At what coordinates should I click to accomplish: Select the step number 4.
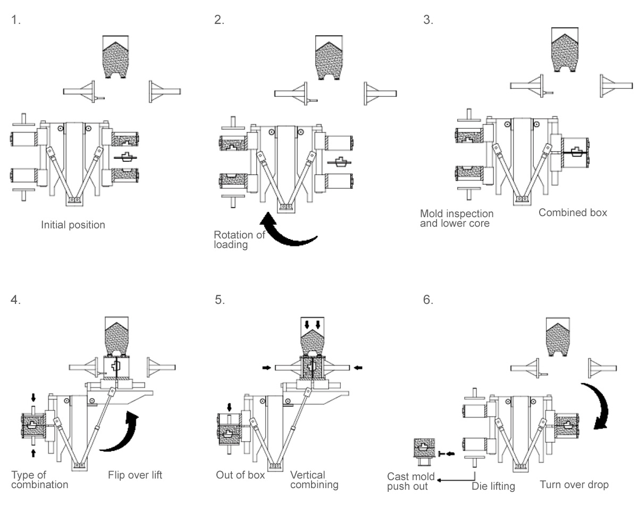16,300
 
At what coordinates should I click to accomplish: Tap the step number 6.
428,300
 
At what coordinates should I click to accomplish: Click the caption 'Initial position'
73,225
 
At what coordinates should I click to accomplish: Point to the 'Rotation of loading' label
239,240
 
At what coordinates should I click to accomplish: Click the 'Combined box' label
573,212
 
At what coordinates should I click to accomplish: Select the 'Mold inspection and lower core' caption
457,218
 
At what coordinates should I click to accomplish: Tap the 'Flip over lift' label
135,475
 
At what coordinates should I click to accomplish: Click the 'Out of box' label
240,475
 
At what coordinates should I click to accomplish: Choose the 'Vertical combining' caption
314,480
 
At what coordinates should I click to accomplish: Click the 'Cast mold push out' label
410,481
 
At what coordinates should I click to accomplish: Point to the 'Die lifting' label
493,486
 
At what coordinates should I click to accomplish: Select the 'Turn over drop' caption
574,484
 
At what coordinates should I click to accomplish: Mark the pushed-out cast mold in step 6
424,450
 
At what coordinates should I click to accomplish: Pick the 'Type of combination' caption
39,480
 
